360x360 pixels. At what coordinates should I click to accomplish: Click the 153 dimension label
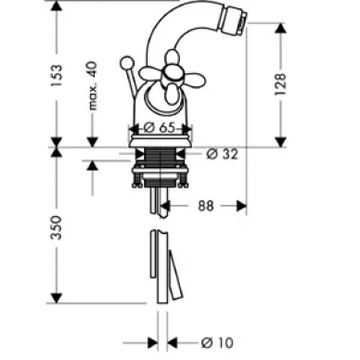[58, 75]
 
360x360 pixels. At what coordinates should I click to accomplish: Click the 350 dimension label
[57, 227]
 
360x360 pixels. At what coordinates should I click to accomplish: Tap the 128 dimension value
[280, 84]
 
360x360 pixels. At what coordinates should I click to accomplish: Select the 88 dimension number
[206, 206]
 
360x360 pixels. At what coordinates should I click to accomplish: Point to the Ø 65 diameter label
[161, 127]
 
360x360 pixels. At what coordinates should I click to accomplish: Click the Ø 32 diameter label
[223, 154]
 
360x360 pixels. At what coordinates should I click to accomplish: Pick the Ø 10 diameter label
[217, 342]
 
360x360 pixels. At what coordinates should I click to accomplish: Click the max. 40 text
[93, 85]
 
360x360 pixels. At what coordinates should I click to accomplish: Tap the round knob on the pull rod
[125, 62]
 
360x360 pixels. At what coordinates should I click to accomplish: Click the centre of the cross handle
[170, 73]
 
